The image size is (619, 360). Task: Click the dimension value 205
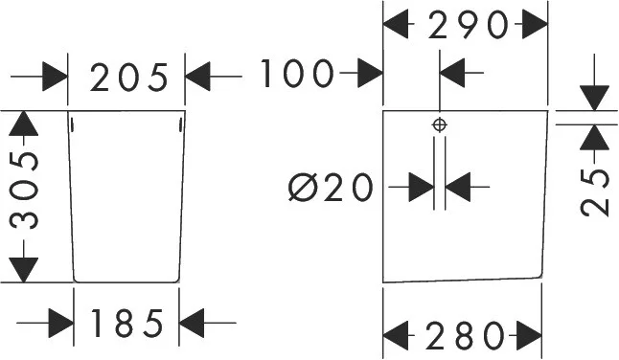(x=129, y=78)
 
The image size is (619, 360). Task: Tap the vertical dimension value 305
(x=25, y=191)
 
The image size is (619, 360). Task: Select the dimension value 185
(x=127, y=323)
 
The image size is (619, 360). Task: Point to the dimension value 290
(x=467, y=25)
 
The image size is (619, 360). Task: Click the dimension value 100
(x=295, y=74)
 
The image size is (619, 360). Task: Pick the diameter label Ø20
(x=331, y=187)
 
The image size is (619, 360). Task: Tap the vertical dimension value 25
(x=595, y=192)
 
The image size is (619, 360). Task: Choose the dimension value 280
(x=465, y=335)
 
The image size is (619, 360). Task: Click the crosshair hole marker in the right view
(x=440, y=125)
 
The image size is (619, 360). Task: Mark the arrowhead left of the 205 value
(x=55, y=76)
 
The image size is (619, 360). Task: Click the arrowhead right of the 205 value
(x=197, y=76)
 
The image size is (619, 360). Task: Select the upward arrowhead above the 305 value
(x=23, y=124)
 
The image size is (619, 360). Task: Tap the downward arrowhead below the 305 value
(x=23, y=270)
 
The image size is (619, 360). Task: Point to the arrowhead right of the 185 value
(x=192, y=323)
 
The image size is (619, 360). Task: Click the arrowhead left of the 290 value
(x=396, y=24)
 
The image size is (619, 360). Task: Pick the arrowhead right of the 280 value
(x=529, y=335)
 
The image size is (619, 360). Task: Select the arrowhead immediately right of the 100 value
(x=370, y=73)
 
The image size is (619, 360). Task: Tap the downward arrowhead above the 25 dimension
(x=594, y=99)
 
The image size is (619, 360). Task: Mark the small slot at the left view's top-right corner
(x=180, y=125)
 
